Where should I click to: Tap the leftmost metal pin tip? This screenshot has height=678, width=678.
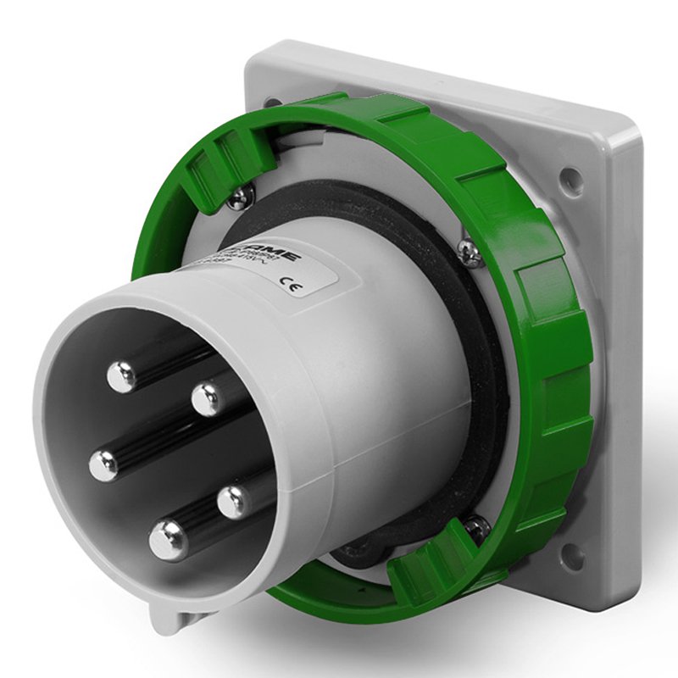coord(103,464)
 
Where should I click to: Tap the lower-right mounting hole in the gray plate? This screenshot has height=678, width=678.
coord(574,555)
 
